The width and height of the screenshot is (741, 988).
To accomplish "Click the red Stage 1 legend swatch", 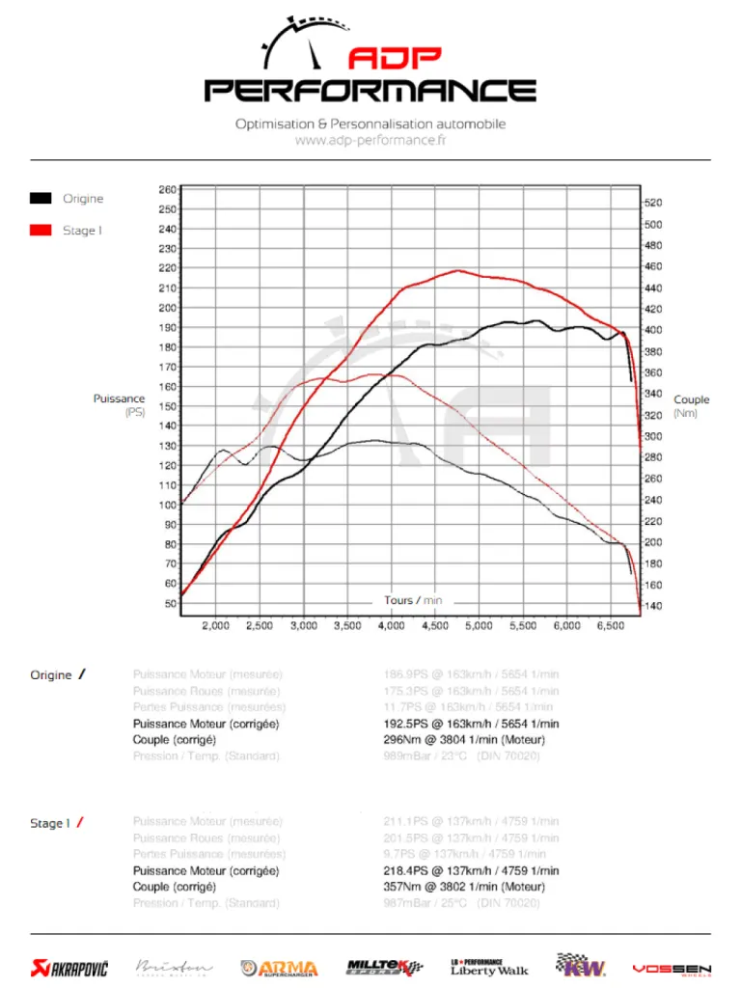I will [x=41, y=230].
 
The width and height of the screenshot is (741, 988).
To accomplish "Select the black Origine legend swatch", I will [x=41, y=198].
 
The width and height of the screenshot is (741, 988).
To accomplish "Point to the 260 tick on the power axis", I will [x=167, y=189].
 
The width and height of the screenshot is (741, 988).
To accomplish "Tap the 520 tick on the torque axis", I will [x=653, y=203].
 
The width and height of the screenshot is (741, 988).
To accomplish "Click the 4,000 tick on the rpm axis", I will [x=391, y=625].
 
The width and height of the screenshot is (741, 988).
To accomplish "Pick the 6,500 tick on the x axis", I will [x=610, y=625].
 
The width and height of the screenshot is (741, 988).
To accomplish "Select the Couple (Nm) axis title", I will [x=691, y=406].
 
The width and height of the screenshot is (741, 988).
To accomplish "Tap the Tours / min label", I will [x=413, y=600].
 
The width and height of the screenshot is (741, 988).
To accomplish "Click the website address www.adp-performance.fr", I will [x=370, y=140].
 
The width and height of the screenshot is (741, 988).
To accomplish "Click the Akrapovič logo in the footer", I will [x=69, y=967].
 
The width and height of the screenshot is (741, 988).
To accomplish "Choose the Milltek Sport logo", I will [x=384, y=967].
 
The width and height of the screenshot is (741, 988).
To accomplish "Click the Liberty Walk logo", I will [x=489, y=967].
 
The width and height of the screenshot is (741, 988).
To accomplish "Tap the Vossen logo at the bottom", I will [x=672, y=968].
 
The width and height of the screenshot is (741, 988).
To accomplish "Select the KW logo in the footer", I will [x=581, y=965].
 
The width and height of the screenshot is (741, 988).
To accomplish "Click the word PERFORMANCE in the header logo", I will [x=370, y=91].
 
